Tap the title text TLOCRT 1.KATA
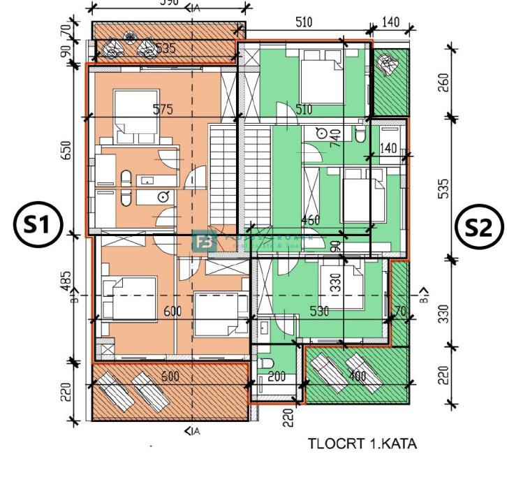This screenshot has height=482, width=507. tap(363, 444)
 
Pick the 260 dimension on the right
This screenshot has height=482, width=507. tap(463, 81)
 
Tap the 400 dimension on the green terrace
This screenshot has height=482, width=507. tap(358, 377)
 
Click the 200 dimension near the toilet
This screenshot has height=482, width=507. tap(277, 377)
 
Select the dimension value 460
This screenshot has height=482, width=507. tap(310, 221)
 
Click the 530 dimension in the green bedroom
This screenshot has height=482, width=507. tap(319, 312)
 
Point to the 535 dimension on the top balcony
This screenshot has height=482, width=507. tap(164, 49)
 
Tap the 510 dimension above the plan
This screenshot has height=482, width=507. tap(304, 22)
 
